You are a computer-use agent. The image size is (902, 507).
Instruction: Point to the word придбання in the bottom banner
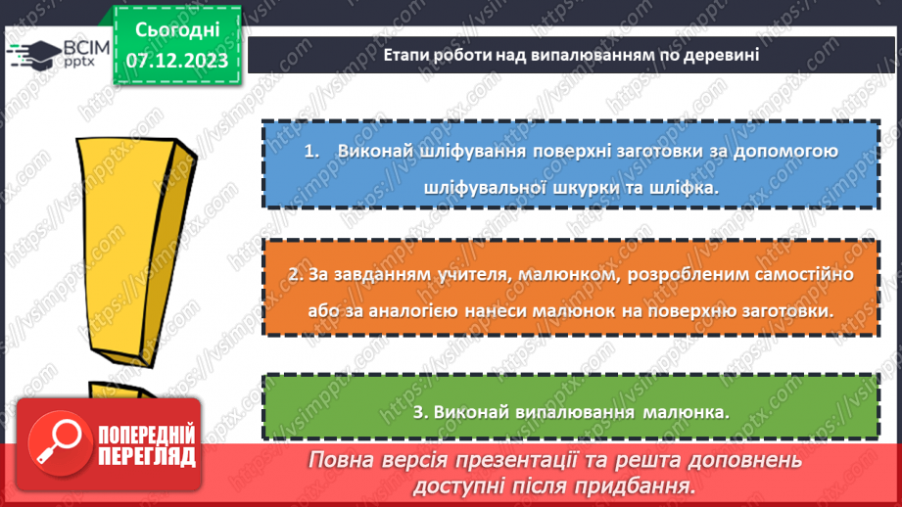(x=639, y=485)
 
